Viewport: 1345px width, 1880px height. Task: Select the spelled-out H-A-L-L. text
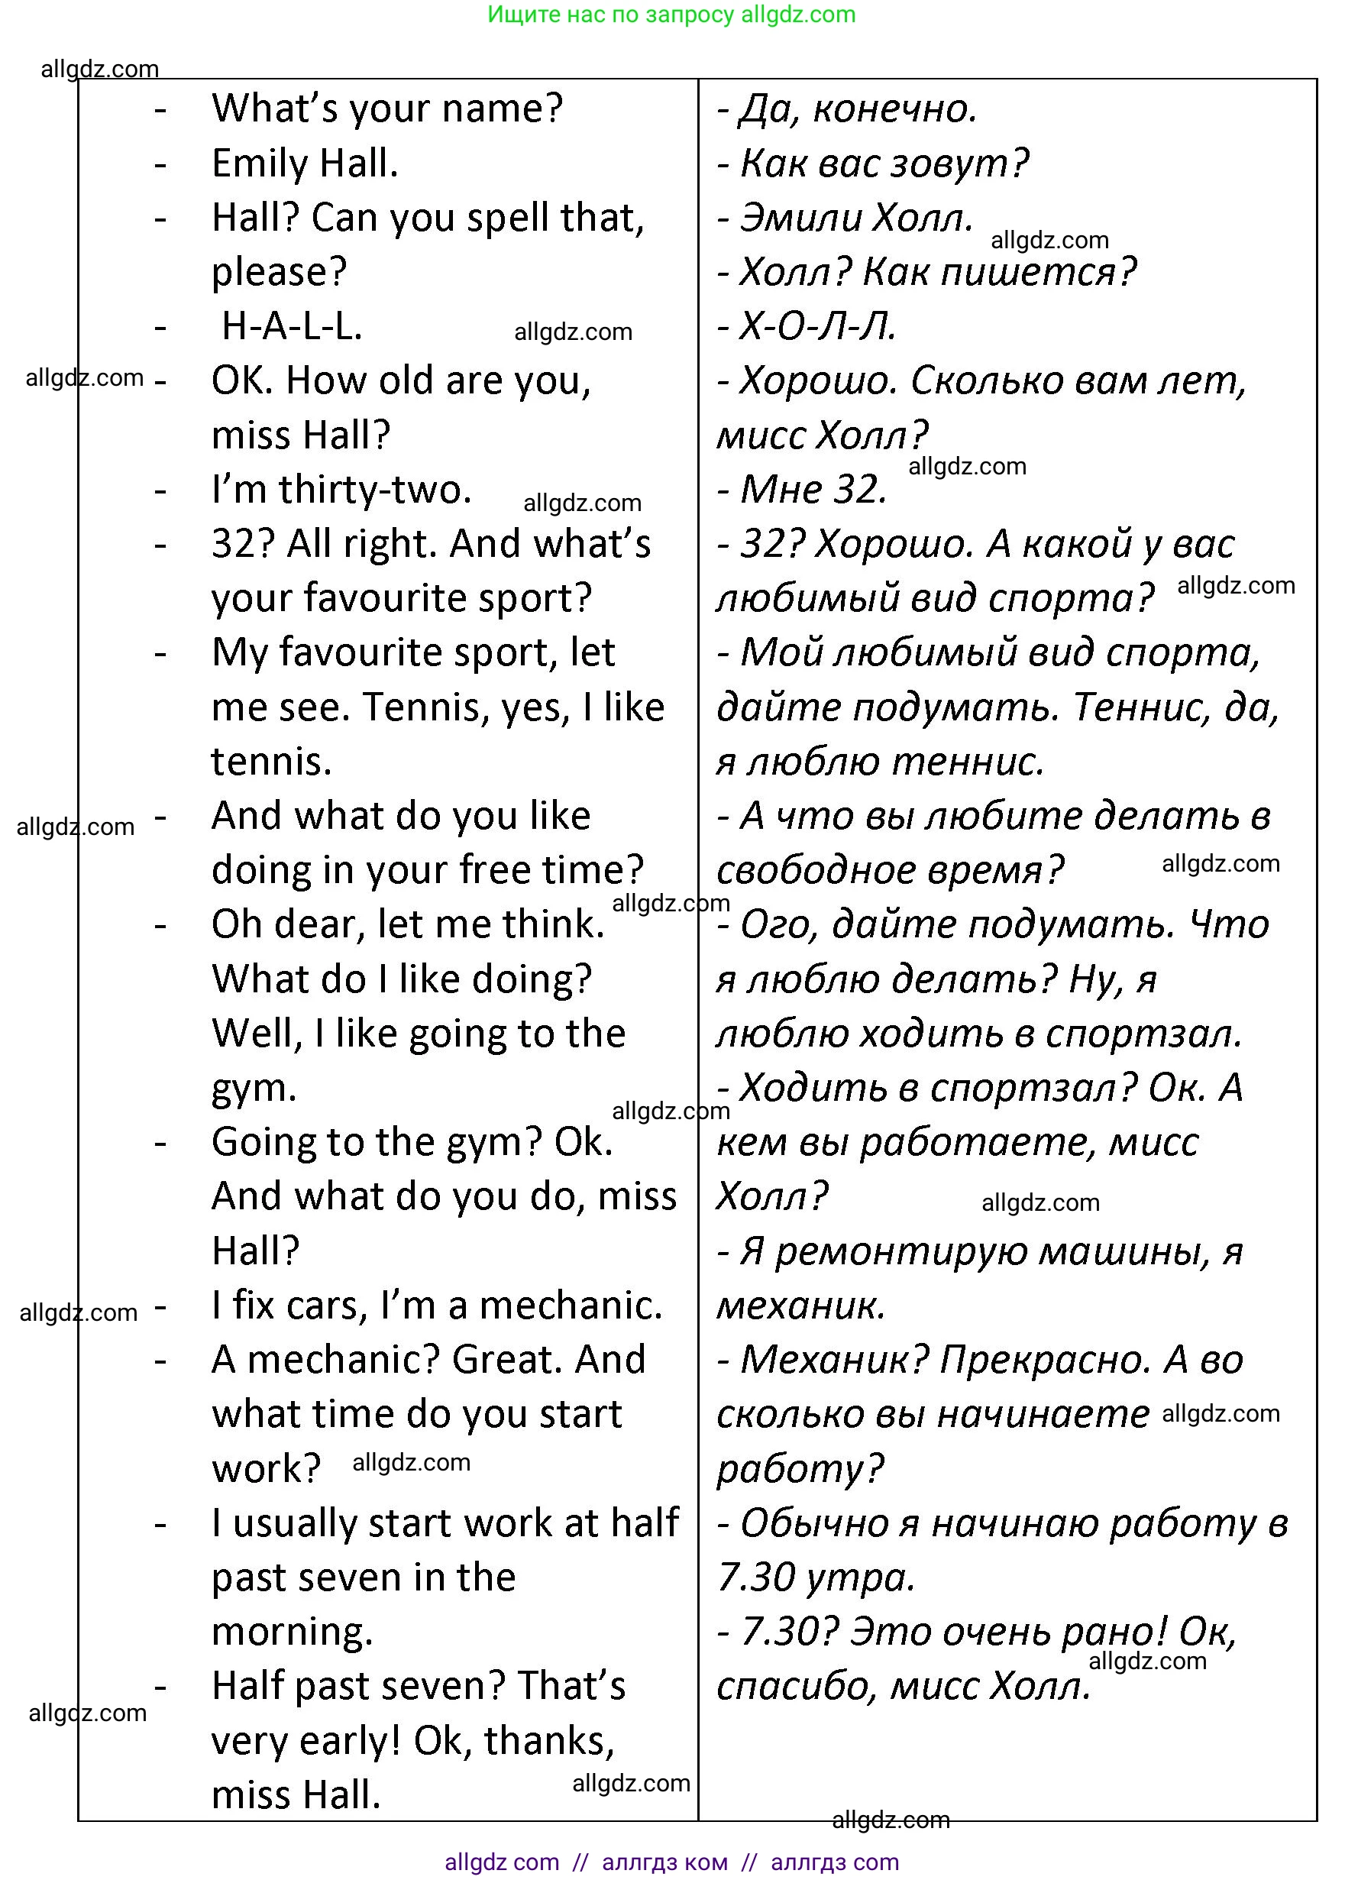292,327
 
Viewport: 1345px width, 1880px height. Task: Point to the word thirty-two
374,490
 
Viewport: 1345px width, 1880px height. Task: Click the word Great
507,1360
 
